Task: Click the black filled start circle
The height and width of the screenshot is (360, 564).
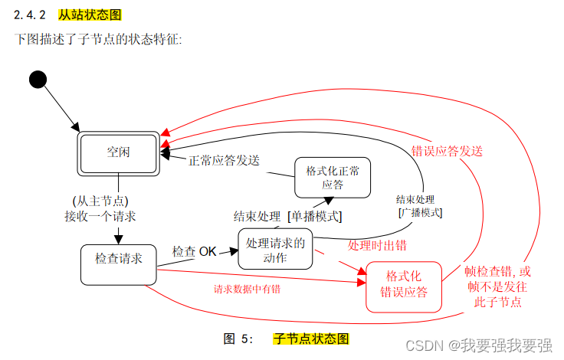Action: click(x=36, y=79)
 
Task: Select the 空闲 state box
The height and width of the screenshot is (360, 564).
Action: click(x=118, y=152)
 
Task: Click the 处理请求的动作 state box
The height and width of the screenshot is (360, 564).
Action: click(x=275, y=249)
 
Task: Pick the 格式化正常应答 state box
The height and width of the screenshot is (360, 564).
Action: click(x=333, y=177)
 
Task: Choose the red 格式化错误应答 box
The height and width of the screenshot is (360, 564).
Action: click(x=404, y=286)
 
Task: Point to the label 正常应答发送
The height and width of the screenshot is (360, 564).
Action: click(x=224, y=161)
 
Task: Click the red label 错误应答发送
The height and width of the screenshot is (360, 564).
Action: click(x=448, y=151)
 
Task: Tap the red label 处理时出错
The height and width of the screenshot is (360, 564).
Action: click(x=377, y=245)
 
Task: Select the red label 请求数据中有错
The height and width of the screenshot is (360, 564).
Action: click(x=247, y=289)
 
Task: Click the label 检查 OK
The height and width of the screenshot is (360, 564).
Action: click(x=195, y=250)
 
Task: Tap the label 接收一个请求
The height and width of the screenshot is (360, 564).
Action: click(x=100, y=216)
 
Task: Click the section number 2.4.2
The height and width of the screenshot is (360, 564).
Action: click(x=32, y=15)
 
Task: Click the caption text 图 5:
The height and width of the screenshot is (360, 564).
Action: click(x=238, y=338)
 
